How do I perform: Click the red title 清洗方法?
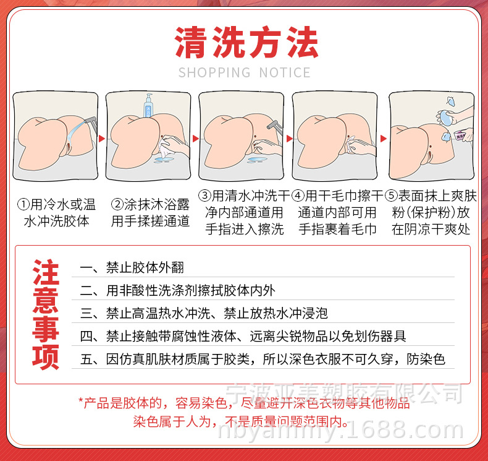pos(246,43)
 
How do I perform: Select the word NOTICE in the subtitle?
pos(285,73)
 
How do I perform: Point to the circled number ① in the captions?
pos(23,204)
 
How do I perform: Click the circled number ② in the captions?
pos(116,204)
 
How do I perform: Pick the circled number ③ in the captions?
pos(204,196)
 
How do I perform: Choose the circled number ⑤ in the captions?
pos(390,196)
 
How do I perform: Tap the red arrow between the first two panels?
pos(102,138)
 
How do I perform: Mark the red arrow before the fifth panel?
pos(383,138)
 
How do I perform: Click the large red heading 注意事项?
pos(45,314)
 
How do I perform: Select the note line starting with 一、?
pos(132,269)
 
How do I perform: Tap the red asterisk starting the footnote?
pos(81,403)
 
